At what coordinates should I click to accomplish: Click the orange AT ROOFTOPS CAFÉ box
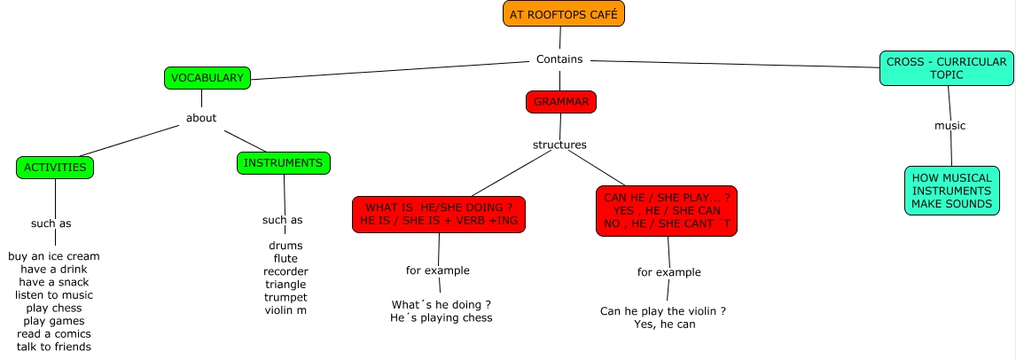[563, 14]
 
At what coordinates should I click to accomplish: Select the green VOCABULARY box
[207, 78]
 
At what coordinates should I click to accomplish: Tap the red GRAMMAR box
[560, 102]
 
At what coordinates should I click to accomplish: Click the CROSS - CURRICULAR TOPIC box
[946, 68]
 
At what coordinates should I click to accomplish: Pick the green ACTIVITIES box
[55, 167]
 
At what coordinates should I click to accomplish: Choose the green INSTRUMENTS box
[284, 163]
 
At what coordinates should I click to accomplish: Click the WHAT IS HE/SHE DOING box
[438, 214]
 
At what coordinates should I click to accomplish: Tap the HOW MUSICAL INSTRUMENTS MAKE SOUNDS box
[951, 191]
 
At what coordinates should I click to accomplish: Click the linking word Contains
[560, 59]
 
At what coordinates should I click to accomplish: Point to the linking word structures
[559, 145]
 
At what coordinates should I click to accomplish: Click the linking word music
[950, 126]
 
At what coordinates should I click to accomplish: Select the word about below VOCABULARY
[201, 118]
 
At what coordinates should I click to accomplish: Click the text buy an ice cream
[54, 256]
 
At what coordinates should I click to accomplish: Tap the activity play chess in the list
[54, 308]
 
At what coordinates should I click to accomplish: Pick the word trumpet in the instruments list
[285, 297]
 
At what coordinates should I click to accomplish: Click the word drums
[285, 246]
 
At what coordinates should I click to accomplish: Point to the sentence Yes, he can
[665, 325]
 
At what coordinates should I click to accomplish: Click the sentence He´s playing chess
[441, 317]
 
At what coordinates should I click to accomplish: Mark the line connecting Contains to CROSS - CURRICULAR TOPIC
[736, 63]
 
